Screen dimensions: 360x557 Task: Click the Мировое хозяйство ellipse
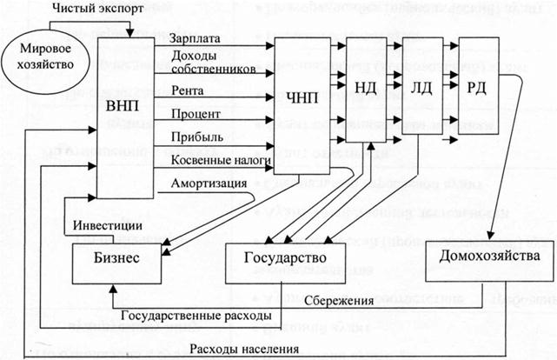[38, 57]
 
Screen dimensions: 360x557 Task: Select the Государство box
[285, 259]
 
